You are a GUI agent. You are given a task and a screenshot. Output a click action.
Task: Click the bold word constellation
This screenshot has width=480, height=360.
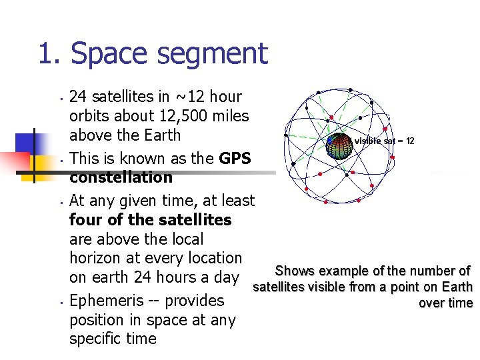click(x=121, y=177)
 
